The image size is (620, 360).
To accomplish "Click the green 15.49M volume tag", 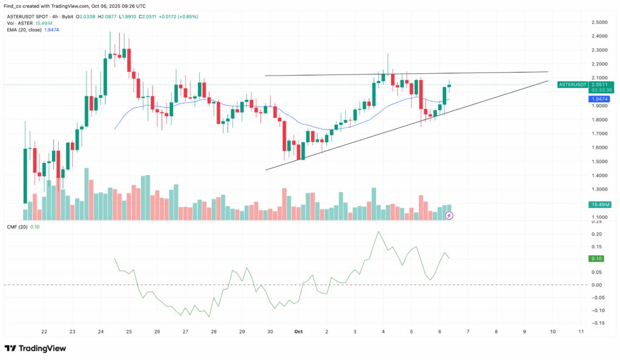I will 599,205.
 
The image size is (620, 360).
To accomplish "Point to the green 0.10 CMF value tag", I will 597,259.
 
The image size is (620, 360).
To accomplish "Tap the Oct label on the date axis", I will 298,332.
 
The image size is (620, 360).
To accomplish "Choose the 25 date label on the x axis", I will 129,332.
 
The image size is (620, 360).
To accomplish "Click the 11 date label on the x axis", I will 581,332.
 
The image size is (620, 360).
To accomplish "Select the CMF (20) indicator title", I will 18,227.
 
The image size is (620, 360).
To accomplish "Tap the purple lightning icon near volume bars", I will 449,215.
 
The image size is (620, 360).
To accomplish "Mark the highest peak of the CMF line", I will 379,232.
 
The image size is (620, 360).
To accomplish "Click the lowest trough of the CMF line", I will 209,316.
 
